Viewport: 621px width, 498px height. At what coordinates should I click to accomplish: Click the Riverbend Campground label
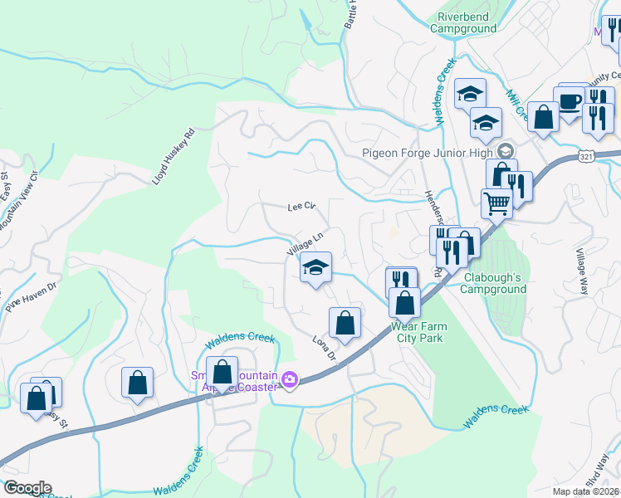pos(463,22)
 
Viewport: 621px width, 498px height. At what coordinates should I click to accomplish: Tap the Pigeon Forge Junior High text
pos(428,152)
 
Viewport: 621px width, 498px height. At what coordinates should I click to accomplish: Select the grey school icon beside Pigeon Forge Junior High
pos(505,151)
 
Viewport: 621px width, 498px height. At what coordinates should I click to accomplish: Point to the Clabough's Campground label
pos(490,283)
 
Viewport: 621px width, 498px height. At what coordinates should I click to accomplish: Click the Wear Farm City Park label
pos(418,332)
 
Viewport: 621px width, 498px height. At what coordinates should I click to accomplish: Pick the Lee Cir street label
pos(302,206)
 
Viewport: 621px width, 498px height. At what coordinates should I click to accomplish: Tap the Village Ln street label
pos(305,242)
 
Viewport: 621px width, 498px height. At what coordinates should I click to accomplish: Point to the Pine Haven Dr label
pos(31,297)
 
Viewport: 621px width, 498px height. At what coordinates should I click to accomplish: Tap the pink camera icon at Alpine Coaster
pos(289,379)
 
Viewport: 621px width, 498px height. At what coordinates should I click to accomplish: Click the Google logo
pos(27,488)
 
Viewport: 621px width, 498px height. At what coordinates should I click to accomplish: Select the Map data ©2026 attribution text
pos(585,491)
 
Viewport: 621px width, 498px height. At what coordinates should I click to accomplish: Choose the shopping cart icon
pos(496,203)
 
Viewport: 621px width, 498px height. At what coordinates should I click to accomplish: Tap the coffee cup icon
pos(570,100)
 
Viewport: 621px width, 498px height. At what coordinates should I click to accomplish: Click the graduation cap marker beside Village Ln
pos(315,267)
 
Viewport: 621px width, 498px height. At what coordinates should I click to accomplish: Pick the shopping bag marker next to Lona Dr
pos(345,322)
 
